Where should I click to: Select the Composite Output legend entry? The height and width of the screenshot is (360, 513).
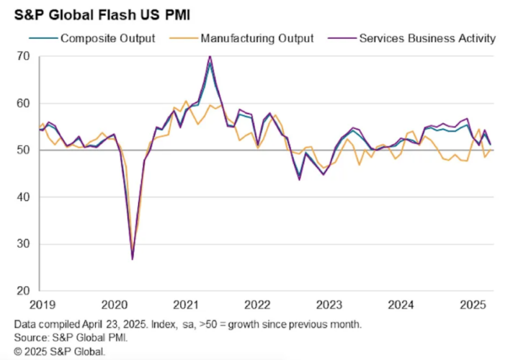107,37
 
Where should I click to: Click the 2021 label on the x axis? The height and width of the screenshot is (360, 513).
187,303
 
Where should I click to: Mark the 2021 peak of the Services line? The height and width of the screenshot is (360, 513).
210,56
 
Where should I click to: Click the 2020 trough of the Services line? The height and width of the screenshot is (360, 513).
133,259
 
